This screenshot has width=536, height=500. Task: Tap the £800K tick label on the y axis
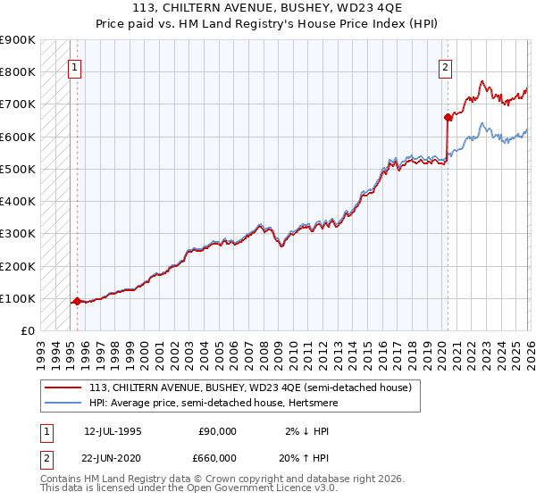pos(18,72)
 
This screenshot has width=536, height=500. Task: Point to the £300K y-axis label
pos(18,234)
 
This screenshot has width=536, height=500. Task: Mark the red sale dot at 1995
pos(77,302)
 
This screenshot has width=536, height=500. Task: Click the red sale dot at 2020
pos(447,117)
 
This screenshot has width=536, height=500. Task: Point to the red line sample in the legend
pos(63,387)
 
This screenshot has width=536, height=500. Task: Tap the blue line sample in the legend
pos(63,403)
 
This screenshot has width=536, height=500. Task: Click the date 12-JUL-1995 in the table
pos(113,431)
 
